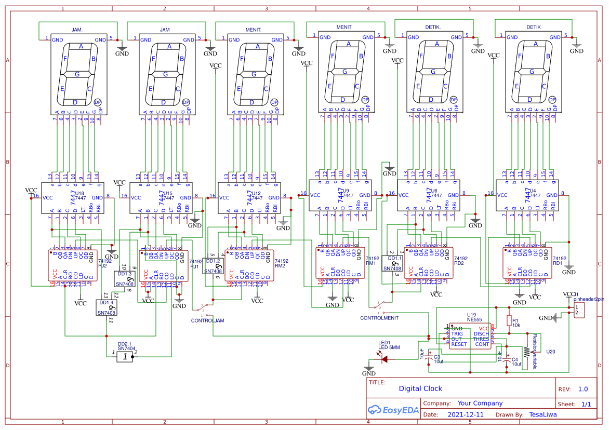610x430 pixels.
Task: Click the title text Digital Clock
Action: point(420,388)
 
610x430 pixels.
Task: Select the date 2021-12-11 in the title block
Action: point(465,415)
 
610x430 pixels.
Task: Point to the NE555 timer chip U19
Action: point(470,336)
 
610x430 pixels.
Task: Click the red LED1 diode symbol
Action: point(384,358)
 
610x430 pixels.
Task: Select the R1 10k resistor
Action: point(509,321)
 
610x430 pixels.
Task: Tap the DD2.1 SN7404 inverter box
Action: point(124,356)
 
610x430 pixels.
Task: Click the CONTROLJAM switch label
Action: point(207,321)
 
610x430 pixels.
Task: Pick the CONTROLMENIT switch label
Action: point(379,317)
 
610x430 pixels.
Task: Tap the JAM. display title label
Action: point(76,30)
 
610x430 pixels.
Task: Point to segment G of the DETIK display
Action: point(529,71)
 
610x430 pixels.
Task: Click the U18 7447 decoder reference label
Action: point(79,193)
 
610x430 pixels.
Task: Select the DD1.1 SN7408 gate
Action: point(392,263)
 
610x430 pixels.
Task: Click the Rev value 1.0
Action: point(583,389)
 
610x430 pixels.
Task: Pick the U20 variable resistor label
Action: point(550,352)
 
